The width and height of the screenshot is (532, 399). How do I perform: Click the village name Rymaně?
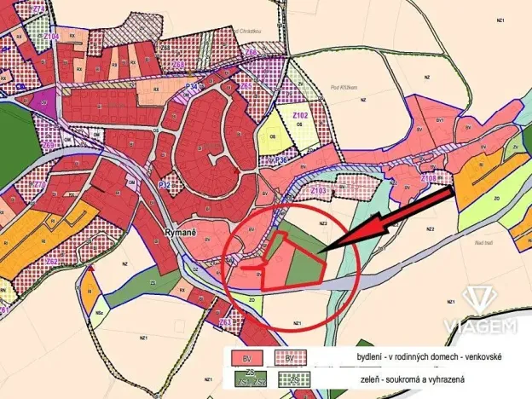[x=182, y=230]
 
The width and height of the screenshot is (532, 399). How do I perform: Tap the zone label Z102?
[x=300, y=113]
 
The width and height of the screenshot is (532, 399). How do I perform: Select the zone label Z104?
[x=51, y=37]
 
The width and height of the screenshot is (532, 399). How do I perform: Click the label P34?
[x=193, y=86]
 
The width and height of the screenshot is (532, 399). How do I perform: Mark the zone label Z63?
[x=224, y=322]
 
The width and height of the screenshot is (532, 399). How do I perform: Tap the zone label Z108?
[x=430, y=178]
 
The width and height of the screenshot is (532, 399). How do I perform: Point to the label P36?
[x=280, y=159]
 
